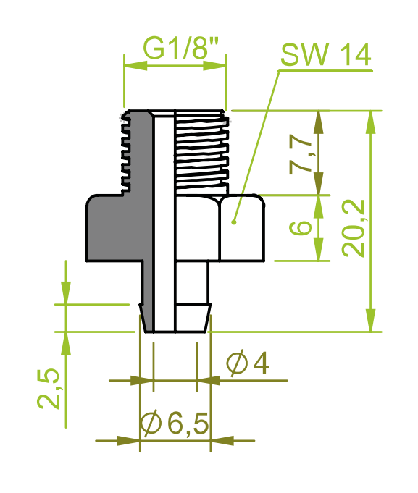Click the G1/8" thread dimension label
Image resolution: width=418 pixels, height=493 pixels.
(x=180, y=48)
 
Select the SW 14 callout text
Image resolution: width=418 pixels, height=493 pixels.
(x=325, y=54)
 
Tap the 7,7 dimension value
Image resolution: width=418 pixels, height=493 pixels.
(x=301, y=153)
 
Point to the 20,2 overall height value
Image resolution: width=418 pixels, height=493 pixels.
(x=354, y=228)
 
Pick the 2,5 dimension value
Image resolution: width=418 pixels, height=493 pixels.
(x=48, y=388)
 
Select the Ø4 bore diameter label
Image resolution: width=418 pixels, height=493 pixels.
(x=248, y=363)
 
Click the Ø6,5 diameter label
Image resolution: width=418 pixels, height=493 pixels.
(x=175, y=424)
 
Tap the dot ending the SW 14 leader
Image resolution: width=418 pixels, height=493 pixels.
(x=233, y=222)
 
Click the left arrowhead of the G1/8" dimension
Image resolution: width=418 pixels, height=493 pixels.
(x=136, y=66)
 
